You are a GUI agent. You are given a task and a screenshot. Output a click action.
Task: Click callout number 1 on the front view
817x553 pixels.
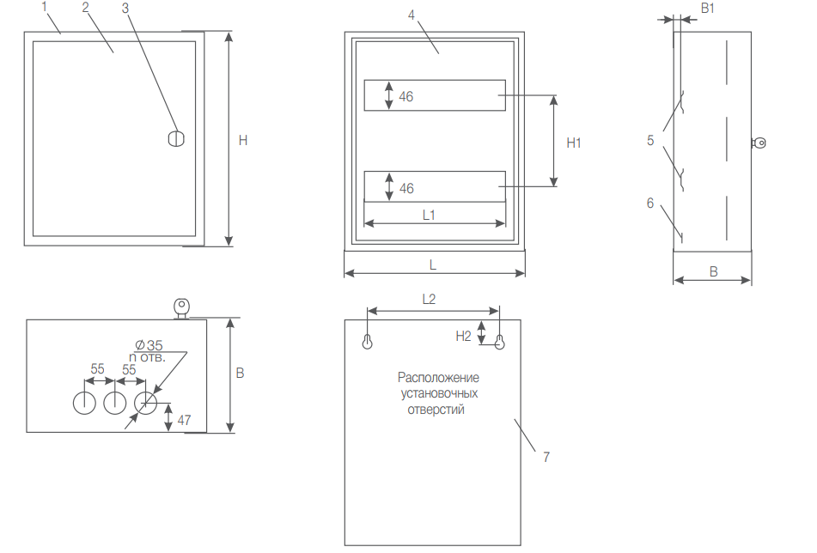(45, 7)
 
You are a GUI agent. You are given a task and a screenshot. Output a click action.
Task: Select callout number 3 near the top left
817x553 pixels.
(125, 7)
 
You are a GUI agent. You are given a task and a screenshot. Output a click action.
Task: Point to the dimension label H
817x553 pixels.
(243, 140)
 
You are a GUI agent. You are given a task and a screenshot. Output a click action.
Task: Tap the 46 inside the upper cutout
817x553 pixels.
(406, 97)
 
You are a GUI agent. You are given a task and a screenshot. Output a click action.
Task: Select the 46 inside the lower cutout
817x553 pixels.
(406, 188)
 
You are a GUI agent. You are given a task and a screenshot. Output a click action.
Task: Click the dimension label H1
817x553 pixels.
(574, 143)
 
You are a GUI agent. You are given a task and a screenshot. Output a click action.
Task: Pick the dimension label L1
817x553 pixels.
(430, 215)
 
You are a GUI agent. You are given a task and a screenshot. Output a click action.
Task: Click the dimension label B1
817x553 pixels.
(708, 8)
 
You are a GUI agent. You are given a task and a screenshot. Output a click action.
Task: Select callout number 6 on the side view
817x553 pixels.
(650, 204)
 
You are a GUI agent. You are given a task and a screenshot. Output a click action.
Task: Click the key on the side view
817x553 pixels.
(759, 143)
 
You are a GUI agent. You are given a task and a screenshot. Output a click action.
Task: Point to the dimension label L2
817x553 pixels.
(430, 300)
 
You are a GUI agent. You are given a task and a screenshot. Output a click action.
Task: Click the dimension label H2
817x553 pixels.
(463, 336)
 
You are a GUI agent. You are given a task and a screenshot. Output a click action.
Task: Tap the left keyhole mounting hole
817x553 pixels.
(368, 341)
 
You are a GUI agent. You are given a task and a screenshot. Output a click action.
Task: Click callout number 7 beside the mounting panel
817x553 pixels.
(546, 458)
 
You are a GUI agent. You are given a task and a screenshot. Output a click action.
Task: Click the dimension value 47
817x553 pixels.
(183, 420)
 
